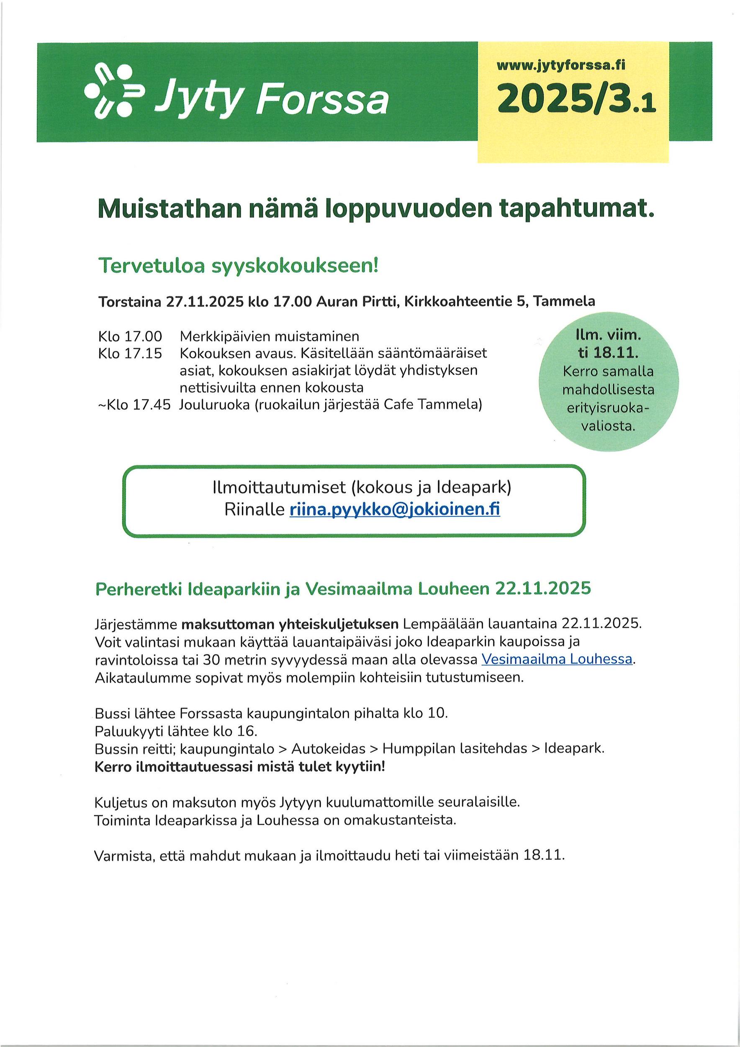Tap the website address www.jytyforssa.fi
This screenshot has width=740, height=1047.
pos(561,66)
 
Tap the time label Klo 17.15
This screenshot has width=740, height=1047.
pos(130,353)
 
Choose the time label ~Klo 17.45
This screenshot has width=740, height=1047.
pos(134,405)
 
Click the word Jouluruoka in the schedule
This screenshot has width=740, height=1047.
pos(214,405)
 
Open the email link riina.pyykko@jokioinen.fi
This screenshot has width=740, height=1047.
pos(395,509)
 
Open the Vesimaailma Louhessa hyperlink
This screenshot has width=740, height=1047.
pos(557,659)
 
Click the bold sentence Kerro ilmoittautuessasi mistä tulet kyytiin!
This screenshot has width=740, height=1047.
pos(240,766)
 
